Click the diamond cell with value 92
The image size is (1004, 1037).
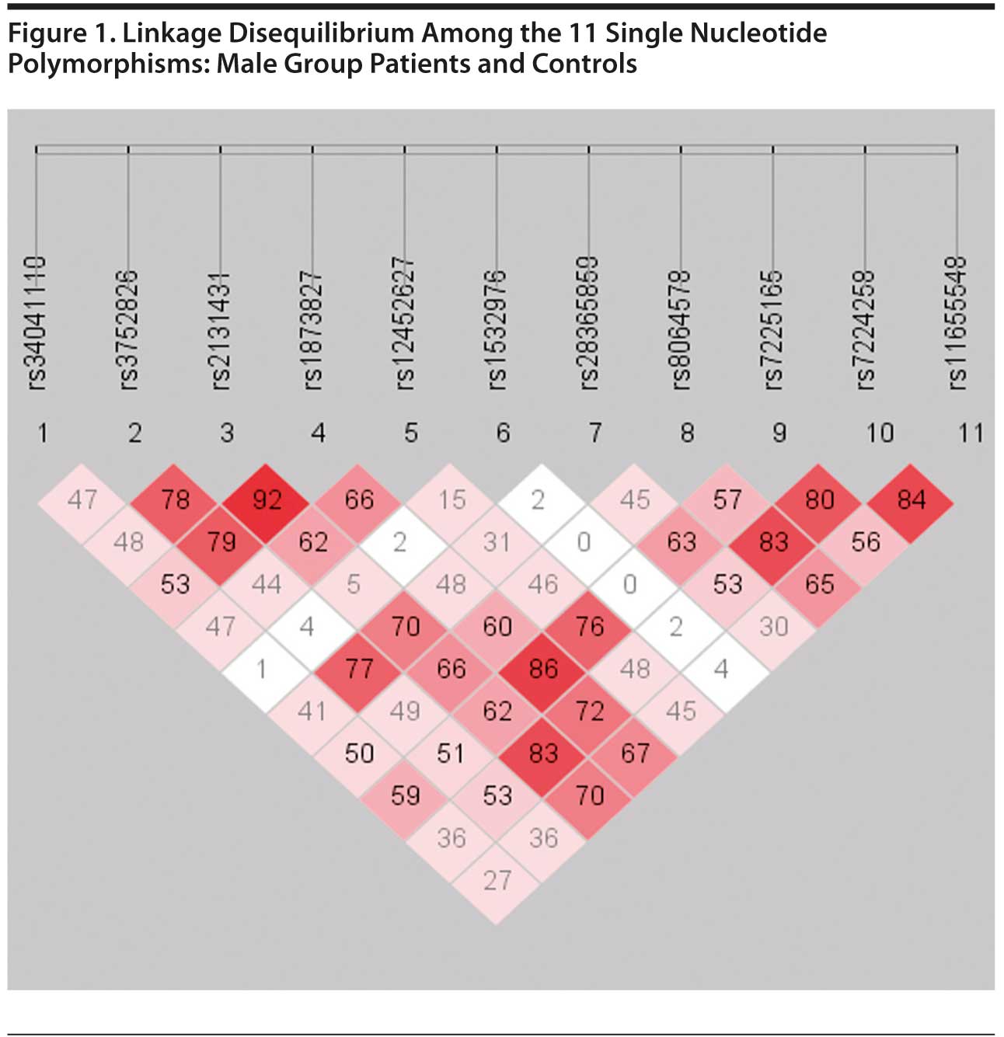coord(267,499)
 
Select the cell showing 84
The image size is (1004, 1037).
coord(911,499)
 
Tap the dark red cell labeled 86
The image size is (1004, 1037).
coord(543,668)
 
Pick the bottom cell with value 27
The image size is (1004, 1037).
coord(497,880)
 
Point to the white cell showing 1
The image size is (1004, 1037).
coord(261,668)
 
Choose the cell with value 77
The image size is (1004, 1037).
coord(359,668)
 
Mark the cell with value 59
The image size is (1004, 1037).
coord(405,795)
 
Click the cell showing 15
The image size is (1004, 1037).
coord(451,499)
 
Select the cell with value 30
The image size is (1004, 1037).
coord(773,626)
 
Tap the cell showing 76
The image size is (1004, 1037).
coord(590,626)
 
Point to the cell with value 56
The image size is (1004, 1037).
coord(865,541)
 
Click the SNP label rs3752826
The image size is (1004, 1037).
coord(129,329)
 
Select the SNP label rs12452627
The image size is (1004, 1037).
coord(405,323)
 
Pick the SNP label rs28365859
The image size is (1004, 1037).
coord(589,323)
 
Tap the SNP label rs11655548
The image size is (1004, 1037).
coord(957,323)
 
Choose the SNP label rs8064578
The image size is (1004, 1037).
coord(681,329)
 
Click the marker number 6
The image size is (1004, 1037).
coord(503,433)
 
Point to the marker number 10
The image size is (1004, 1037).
coord(880,433)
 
